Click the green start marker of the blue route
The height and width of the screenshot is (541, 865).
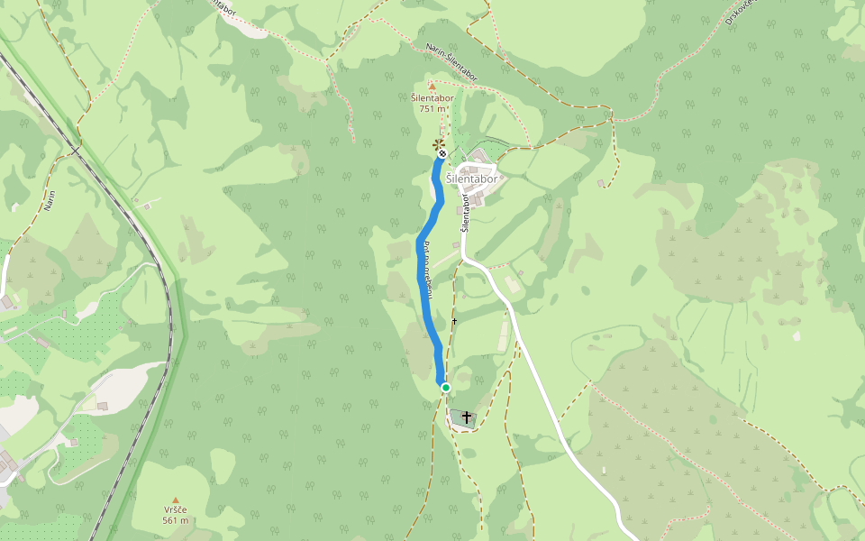click(x=445, y=388)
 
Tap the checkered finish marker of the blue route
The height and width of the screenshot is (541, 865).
click(x=442, y=153)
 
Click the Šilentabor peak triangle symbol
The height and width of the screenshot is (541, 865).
click(x=432, y=87)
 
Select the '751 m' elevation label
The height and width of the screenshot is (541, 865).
click(x=433, y=109)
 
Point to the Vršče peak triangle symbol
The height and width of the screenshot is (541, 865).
click(x=176, y=500)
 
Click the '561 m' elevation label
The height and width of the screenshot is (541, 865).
click(x=176, y=520)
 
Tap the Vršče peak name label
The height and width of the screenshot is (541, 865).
click(x=176, y=510)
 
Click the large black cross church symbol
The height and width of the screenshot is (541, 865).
click(x=467, y=417)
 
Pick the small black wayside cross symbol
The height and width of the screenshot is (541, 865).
click(x=455, y=321)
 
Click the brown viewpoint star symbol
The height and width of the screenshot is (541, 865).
click(x=438, y=143)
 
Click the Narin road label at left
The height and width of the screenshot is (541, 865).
click(x=50, y=199)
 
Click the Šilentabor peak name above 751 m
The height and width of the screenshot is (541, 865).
click(x=432, y=98)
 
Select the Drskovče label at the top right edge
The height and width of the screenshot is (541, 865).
click(x=741, y=11)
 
